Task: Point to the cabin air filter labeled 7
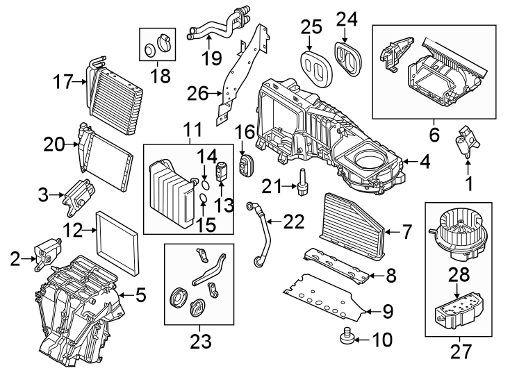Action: (x=352, y=219)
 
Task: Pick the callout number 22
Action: (x=295, y=222)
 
